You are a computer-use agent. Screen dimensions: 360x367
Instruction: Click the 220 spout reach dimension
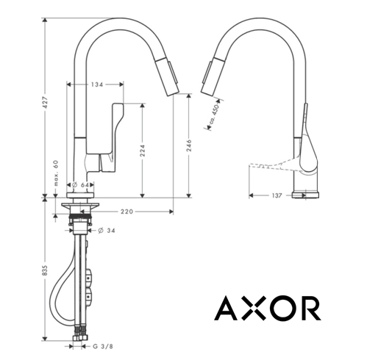[x=128, y=211]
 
